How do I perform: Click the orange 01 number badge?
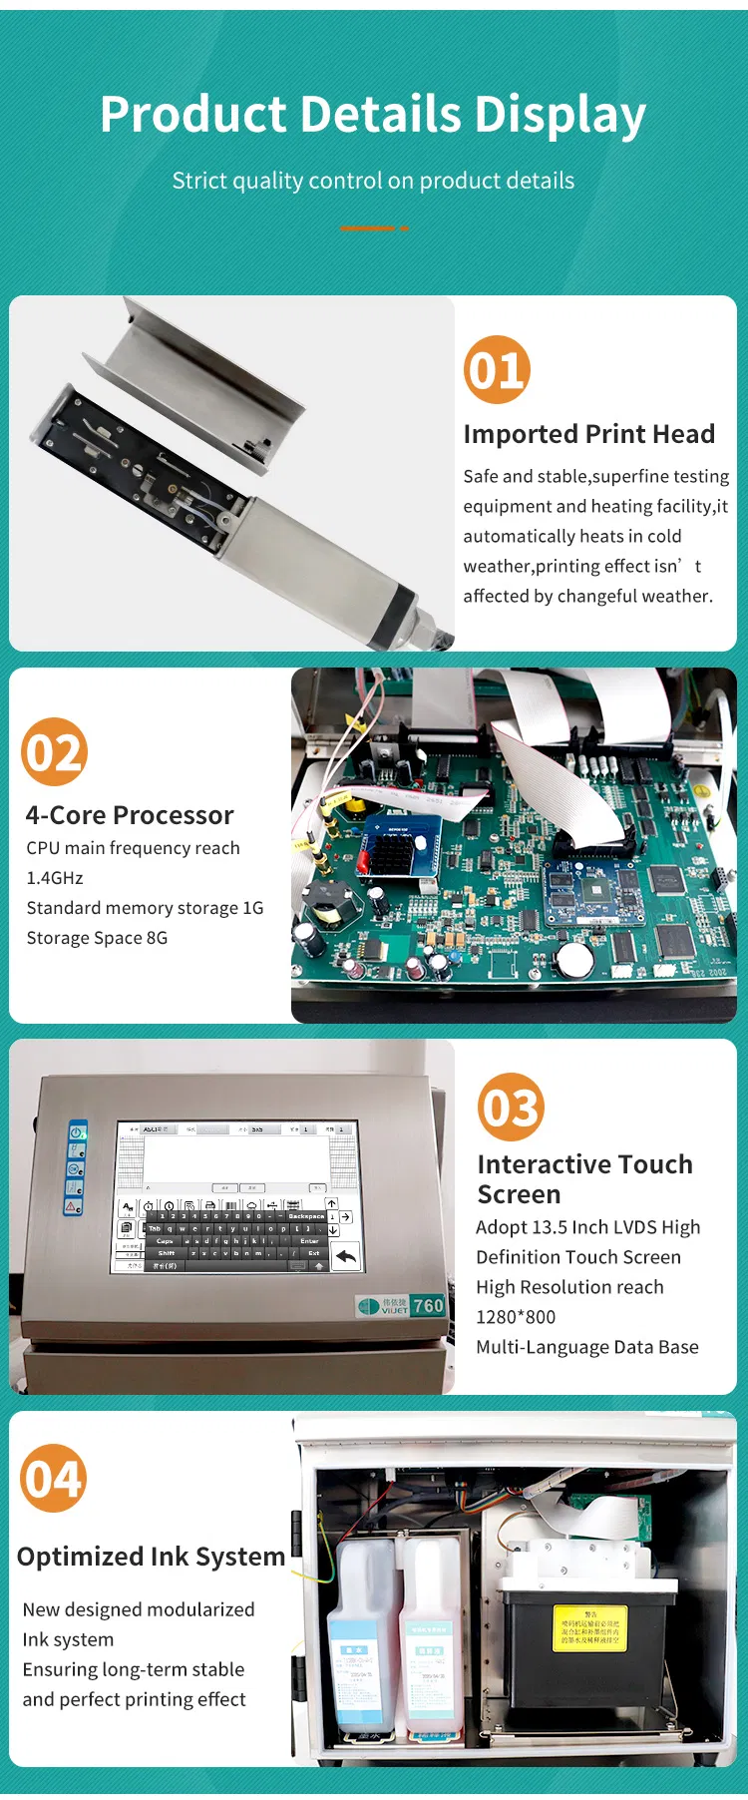click(497, 370)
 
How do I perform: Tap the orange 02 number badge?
click(55, 751)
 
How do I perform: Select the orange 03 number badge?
click(511, 1107)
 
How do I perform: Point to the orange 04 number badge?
click(54, 1478)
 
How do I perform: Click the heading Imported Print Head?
click(588, 434)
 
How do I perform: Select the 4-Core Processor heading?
click(130, 815)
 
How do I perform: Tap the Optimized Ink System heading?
click(151, 1557)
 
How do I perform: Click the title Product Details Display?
click(373, 114)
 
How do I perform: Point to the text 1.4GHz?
click(55, 878)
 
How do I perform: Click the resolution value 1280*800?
click(516, 1317)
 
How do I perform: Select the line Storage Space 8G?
click(97, 938)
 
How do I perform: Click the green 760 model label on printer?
click(428, 1305)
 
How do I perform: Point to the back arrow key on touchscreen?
click(346, 1256)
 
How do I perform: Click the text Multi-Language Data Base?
click(586, 1347)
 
